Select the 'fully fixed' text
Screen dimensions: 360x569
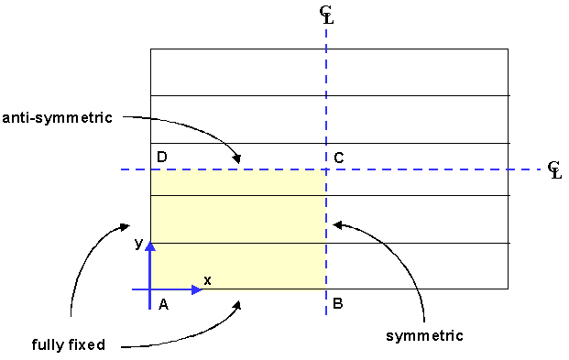point(68,345)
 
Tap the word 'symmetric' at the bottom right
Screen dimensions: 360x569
point(424,335)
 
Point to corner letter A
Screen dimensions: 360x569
point(163,304)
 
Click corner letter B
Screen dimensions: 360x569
point(338,304)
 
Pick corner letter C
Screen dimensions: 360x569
point(339,158)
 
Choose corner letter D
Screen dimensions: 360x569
point(162,158)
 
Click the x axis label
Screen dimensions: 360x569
point(207,280)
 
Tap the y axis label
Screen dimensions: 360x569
point(138,243)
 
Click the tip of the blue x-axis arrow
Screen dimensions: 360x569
point(202,289)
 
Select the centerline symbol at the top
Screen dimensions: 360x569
point(326,13)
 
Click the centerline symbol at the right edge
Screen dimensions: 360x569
point(553,169)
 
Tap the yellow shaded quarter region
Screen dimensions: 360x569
point(238,229)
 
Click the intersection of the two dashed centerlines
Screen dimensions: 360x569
point(326,169)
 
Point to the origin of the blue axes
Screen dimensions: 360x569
point(151,289)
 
